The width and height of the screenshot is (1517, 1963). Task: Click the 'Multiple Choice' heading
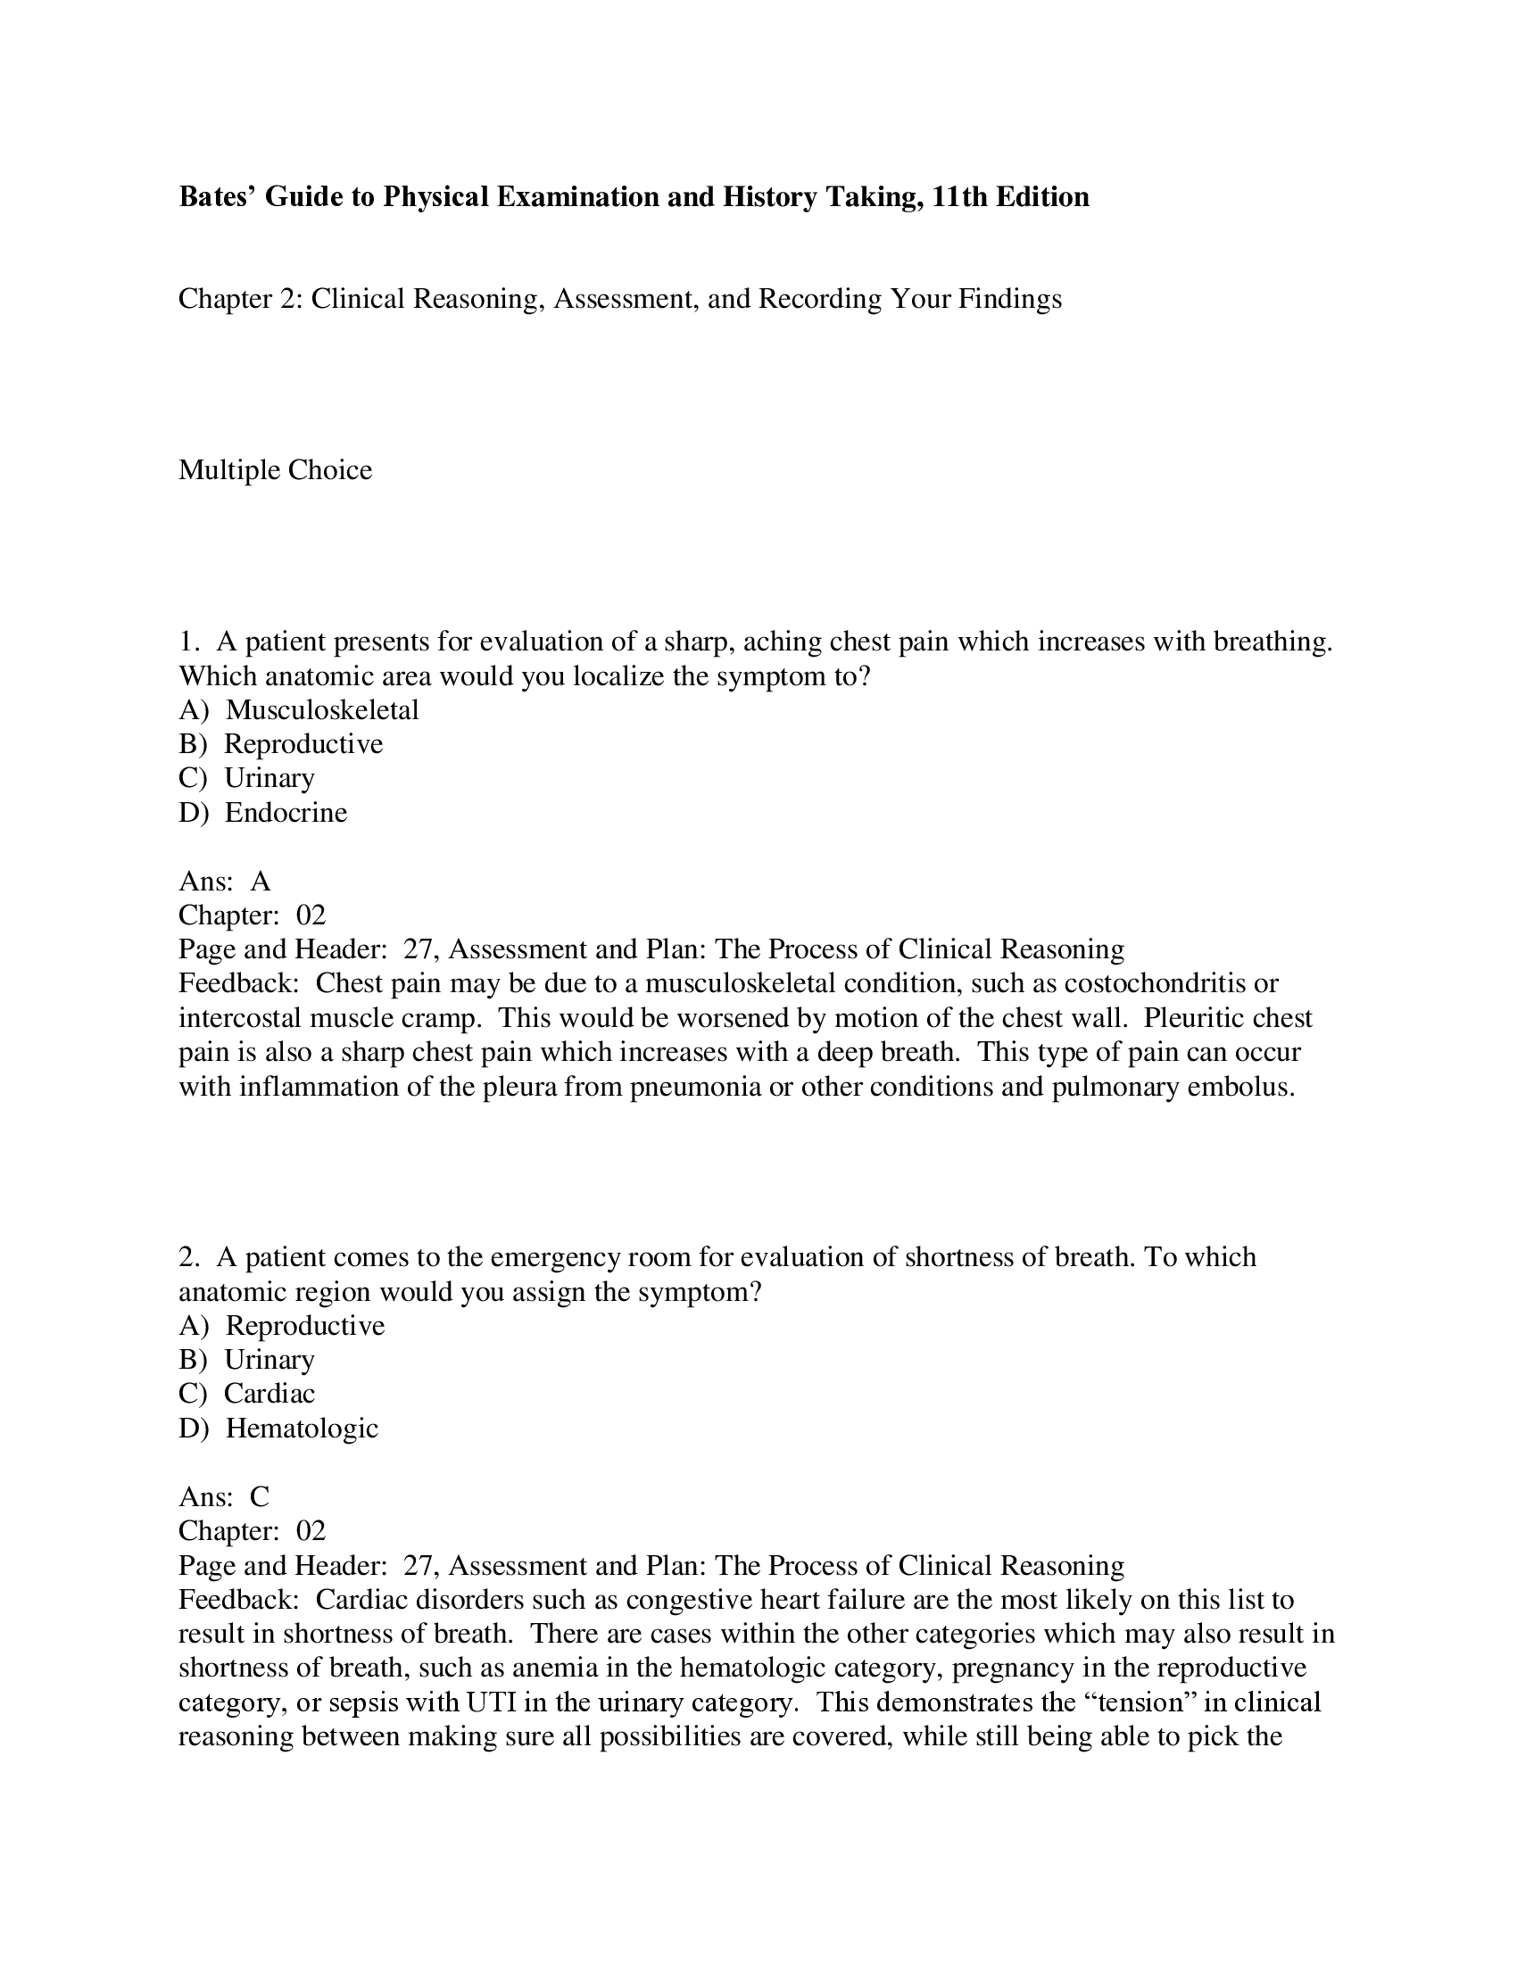click(275, 470)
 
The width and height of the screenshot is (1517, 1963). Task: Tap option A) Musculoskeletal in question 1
click(298, 710)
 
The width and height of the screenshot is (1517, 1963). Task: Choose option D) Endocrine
click(262, 813)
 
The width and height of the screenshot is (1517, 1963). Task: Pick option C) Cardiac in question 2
click(247, 1393)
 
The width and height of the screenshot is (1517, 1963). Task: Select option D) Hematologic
click(278, 1428)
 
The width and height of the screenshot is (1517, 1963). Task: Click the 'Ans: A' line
click(224, 881)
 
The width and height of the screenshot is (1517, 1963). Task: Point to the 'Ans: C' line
click(224, 1496)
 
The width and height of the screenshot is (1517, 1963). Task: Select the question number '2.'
click(188, 1257)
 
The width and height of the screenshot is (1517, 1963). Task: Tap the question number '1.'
click(187, 642)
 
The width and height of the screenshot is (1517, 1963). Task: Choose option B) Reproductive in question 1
click(280, 744)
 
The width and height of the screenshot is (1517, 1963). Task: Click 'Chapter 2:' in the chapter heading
click(239, 298)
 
